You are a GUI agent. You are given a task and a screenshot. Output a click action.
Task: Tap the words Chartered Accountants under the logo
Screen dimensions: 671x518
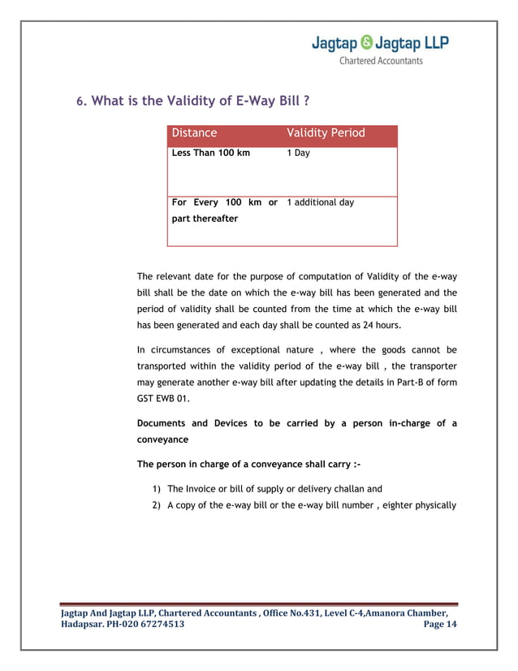pos(381,61)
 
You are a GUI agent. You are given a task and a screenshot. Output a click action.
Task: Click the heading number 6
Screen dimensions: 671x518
pos(80,102)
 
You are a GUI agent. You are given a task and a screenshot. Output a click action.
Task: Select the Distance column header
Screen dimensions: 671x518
pos(194,133)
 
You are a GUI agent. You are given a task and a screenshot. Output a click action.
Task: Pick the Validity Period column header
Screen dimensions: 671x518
pos(326,133)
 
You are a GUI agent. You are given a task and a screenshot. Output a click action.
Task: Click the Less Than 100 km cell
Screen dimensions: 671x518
pos(211,153)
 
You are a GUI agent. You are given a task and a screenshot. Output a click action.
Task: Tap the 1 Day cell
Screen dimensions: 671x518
pos(299,153)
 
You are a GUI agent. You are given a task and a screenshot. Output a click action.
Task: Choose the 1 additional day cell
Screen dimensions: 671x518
pos(321,202)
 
